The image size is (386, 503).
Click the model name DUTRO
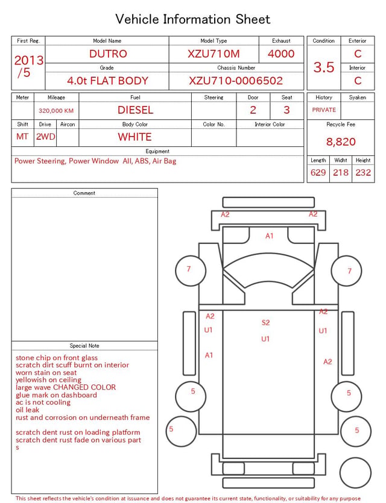108,54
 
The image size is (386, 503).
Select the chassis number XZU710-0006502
236,81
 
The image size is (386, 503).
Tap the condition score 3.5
324,67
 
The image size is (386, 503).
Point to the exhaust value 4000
281,54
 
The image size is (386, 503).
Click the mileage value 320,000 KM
56,111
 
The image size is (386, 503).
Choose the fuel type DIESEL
135,110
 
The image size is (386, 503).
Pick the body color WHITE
134,137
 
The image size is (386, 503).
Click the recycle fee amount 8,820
341,142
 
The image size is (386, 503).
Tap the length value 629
318,172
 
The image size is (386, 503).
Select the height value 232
363,172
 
